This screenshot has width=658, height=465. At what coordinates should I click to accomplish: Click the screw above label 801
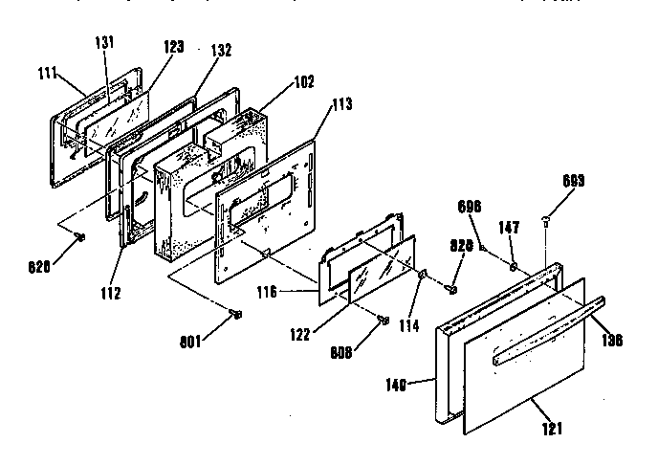click(236, 313)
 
